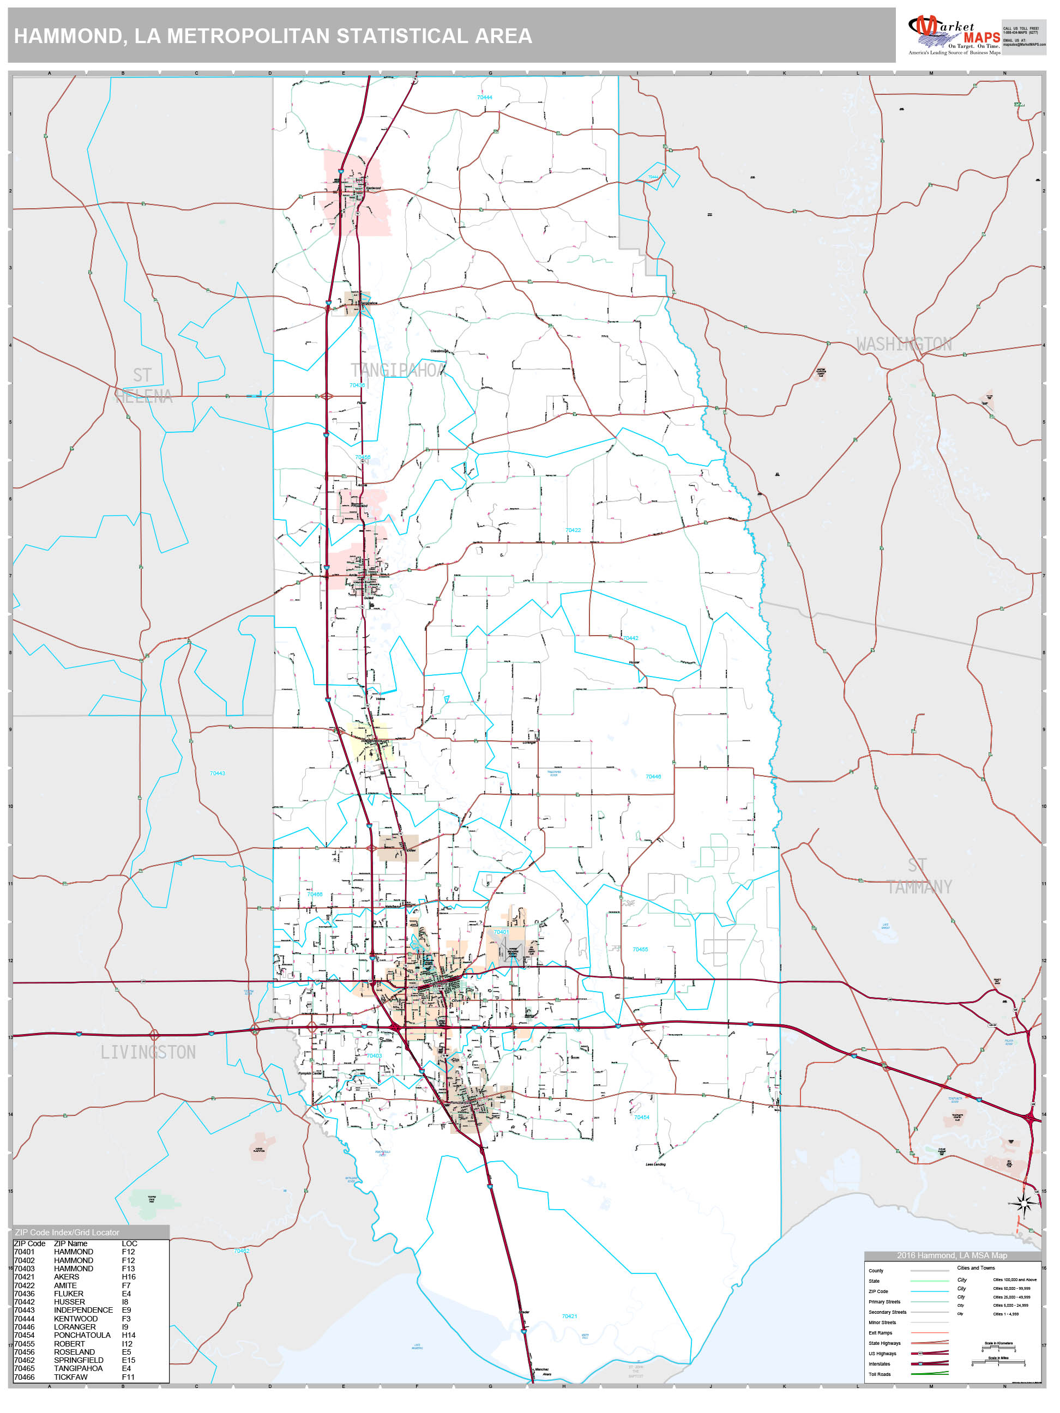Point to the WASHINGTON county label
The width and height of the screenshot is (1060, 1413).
click(x=904, y=345)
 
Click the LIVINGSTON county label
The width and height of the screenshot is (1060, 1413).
click(x=148, y=1052)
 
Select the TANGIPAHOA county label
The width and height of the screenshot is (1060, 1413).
click(x=397, y=370)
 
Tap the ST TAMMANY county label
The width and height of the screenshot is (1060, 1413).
click(x=918, y=876)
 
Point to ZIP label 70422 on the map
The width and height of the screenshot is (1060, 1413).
click(x=573, y=530)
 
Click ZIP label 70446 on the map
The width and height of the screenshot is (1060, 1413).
click(x=653, y=777)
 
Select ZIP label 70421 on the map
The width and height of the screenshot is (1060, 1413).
click(x=569, y=1316)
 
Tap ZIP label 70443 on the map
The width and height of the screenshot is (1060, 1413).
click(x=217, y=773)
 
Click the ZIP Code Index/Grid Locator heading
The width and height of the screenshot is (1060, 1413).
click(x=67, y=1232)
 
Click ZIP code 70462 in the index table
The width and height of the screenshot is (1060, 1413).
click(x=25, y=1360)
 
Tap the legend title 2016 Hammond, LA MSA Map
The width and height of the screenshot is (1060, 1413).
click(x=951, y=1255)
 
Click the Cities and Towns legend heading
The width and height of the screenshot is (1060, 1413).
click(x=975, y=1268)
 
